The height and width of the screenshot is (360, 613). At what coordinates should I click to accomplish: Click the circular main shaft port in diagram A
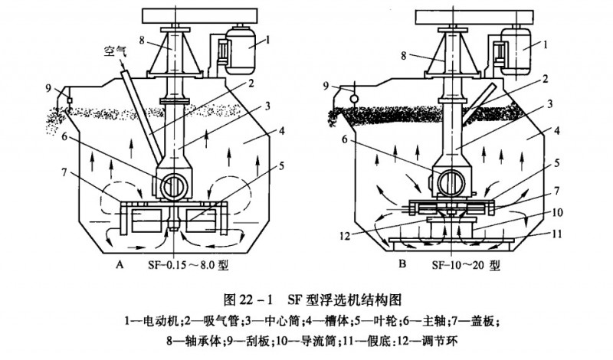click(x=172, y=185)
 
